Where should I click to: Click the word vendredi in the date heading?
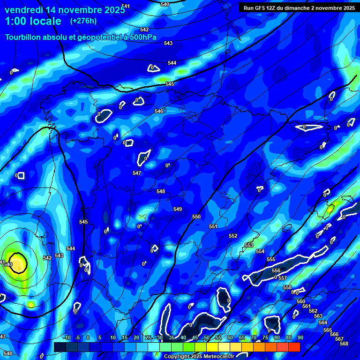23,9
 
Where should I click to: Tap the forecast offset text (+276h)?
83,21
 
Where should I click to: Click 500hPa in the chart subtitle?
140,37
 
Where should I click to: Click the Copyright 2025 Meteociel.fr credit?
199,356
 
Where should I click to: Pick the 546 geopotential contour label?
159,111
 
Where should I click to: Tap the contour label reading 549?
178,209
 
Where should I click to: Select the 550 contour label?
196,217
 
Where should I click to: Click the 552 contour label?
233,236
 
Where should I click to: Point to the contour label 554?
260,252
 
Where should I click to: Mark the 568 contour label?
344,344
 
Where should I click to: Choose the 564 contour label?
323,322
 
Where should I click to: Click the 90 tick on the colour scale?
300,337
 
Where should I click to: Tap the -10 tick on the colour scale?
67,337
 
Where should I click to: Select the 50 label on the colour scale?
207,337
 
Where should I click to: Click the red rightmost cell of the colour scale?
294,347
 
